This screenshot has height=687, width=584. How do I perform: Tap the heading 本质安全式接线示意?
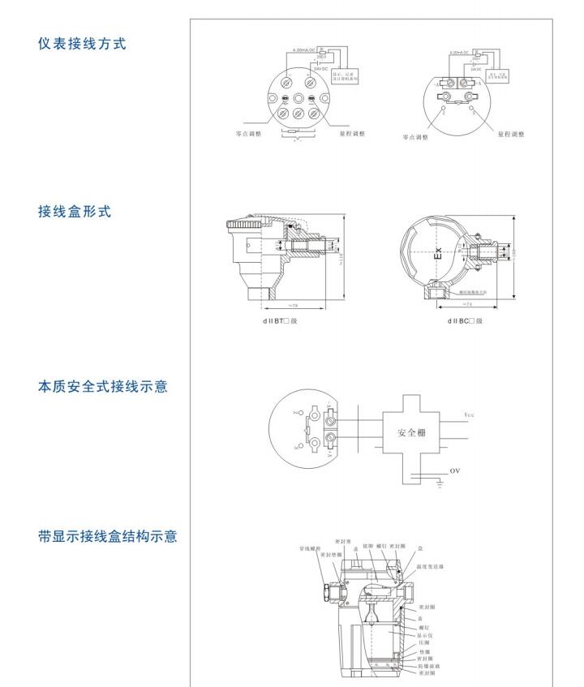point(103,387)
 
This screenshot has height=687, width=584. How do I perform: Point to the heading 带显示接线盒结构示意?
point(109,537)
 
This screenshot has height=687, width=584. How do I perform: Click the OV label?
point(454,470)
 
